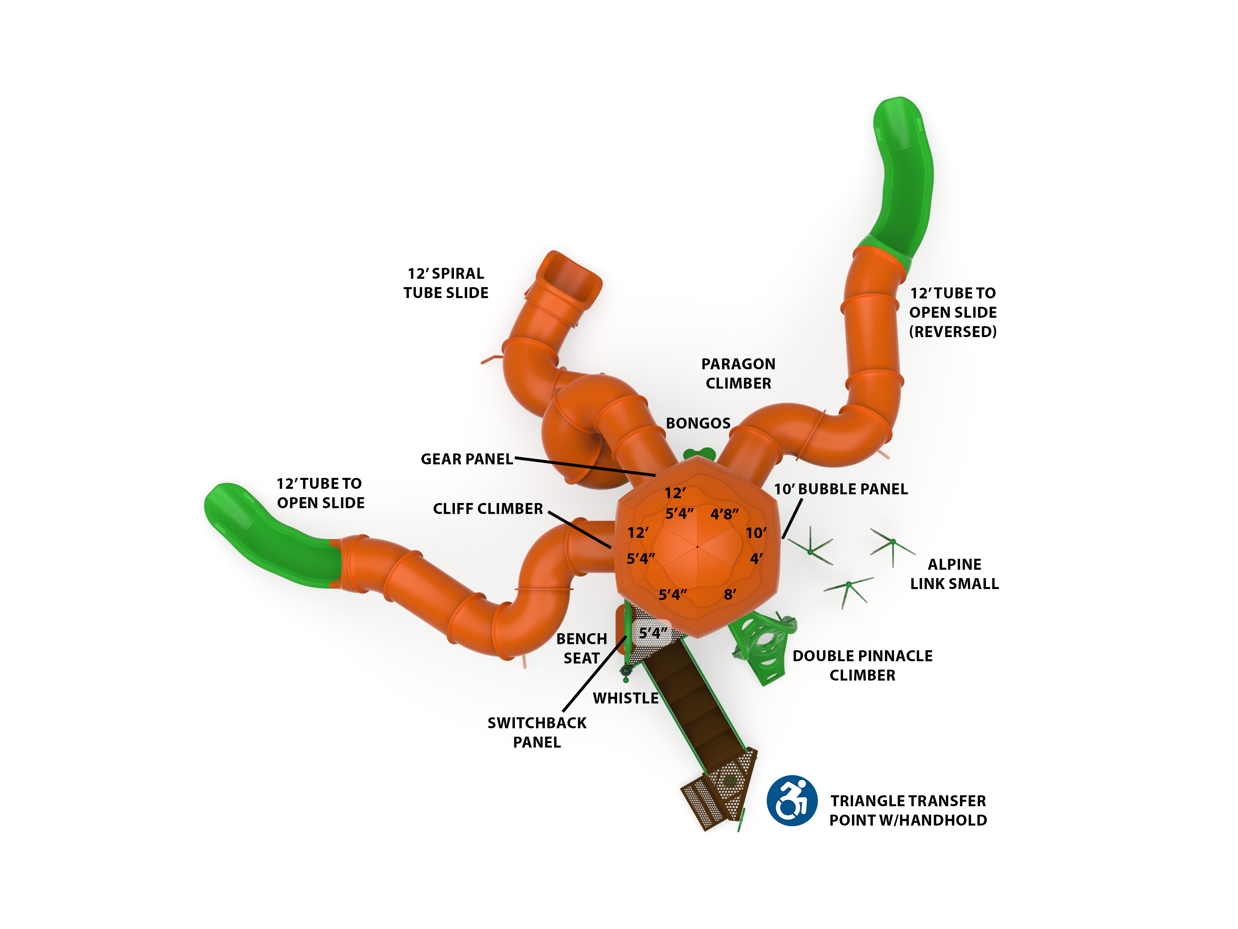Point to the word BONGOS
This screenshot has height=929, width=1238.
point(698,423)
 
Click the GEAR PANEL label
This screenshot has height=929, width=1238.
point(466,459)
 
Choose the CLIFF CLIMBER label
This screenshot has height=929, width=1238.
point(487,509)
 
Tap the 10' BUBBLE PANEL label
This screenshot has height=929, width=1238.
point(840,489)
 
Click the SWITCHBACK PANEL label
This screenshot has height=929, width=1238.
point(537,733)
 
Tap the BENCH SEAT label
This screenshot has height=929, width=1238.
point(582,649)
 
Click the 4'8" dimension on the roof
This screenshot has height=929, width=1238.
point(724,514)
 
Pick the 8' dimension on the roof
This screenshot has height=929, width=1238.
point(730,595)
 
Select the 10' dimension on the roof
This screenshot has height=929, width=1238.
point(756,533)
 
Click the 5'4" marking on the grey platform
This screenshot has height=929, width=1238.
point(653,633)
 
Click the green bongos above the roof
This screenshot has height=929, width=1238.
point(699,454)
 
